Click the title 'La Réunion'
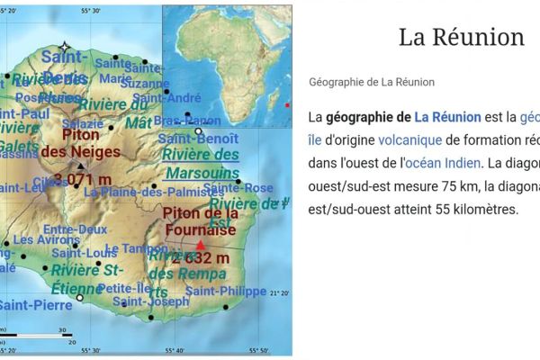point(461,37)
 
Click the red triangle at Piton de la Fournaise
point(200,244)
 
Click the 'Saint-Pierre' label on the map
point(34,305)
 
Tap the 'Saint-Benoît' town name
point(198,139)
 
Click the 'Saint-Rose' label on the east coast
point(238,188)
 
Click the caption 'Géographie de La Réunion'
point(372,82)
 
